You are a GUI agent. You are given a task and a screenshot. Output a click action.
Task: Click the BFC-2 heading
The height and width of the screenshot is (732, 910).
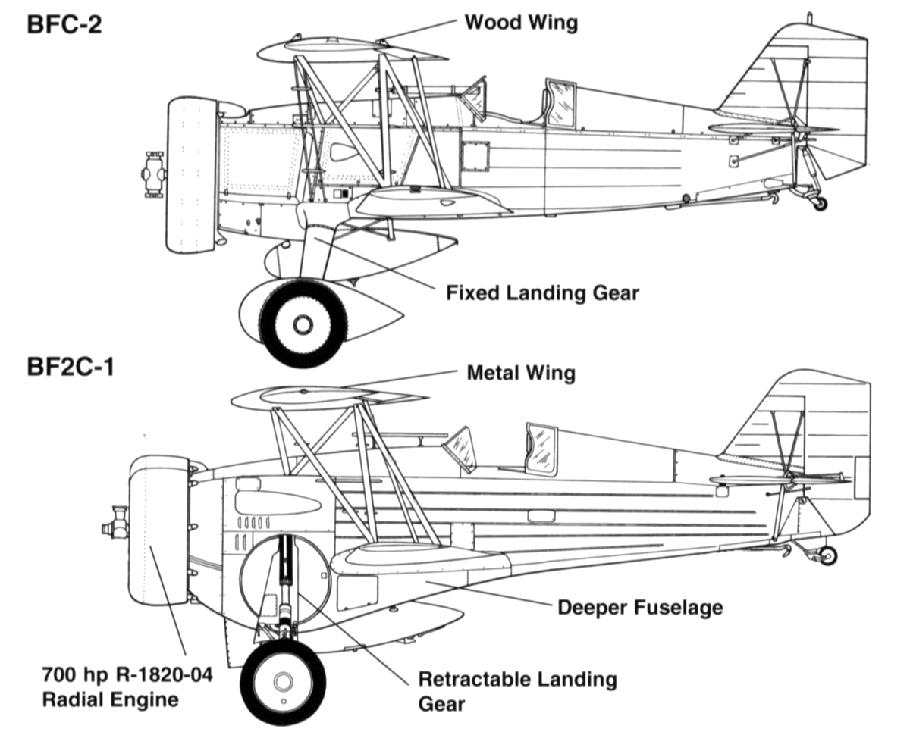(x=64, y=24)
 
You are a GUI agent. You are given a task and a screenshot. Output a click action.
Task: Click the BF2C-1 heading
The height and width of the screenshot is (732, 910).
(x=71, y=367)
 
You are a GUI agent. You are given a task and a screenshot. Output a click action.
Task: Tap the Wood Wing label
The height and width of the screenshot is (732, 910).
(x=521, y=23)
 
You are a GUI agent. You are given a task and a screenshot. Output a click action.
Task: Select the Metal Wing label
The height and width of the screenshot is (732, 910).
(x=521, y=373)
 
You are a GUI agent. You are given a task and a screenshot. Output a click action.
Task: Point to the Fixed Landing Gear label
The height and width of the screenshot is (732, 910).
(x=542, y=293)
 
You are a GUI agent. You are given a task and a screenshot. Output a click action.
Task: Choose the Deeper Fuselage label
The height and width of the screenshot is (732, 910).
(x=640, y=608)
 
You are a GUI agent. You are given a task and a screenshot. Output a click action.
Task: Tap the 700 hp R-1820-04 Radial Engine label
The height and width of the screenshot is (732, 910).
(x=127, y=687)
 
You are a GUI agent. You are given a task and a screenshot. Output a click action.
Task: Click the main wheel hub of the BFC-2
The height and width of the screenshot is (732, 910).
(x=303, y=324)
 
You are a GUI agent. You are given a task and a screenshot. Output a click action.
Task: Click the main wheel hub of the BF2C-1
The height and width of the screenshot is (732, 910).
(x=283, y=681)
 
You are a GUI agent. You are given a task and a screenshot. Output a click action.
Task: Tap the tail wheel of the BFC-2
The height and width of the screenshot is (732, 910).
(x=821, y=204)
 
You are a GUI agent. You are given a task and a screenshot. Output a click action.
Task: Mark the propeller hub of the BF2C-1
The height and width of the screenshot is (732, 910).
(x=115, y=523)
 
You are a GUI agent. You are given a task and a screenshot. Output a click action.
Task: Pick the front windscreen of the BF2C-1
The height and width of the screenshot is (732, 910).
(x=460, y=449)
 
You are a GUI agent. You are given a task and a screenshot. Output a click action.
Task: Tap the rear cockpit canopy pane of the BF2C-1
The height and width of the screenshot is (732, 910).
(x=541, y=449)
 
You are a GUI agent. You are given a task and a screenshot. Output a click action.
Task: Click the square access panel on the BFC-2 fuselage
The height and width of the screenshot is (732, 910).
(x=475, y=156)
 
